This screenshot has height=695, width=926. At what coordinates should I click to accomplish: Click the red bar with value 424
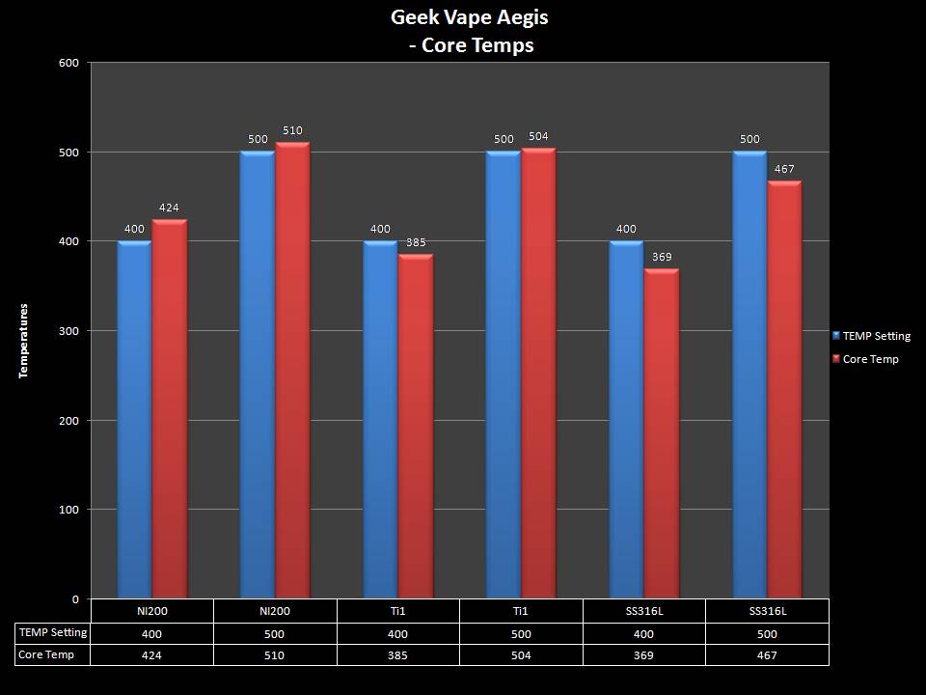(x=170, y=409)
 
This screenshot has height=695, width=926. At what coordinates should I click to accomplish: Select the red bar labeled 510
(x=292, y=371)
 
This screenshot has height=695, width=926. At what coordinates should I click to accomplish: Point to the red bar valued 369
(x=662, y=433)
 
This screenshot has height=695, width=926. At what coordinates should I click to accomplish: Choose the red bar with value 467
(x=784, y=390)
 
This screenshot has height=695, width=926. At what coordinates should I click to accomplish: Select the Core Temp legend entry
(x=870, y=359)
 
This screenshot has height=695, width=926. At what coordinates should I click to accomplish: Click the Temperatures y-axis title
(x=24, y=340)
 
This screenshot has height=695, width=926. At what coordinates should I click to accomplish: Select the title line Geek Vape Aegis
(x=462, y=16)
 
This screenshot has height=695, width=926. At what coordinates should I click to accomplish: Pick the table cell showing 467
(x=767, y=655)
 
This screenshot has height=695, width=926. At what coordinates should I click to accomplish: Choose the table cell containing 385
(x=397, y=655)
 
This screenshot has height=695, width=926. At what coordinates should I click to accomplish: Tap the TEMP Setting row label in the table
(x=53, y=633)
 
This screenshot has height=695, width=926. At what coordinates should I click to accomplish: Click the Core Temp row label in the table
(x=46, y=655)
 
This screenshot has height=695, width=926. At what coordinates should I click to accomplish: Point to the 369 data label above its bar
(x=662, y=258)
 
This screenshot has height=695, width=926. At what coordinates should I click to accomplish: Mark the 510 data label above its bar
(x=292, y=129)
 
